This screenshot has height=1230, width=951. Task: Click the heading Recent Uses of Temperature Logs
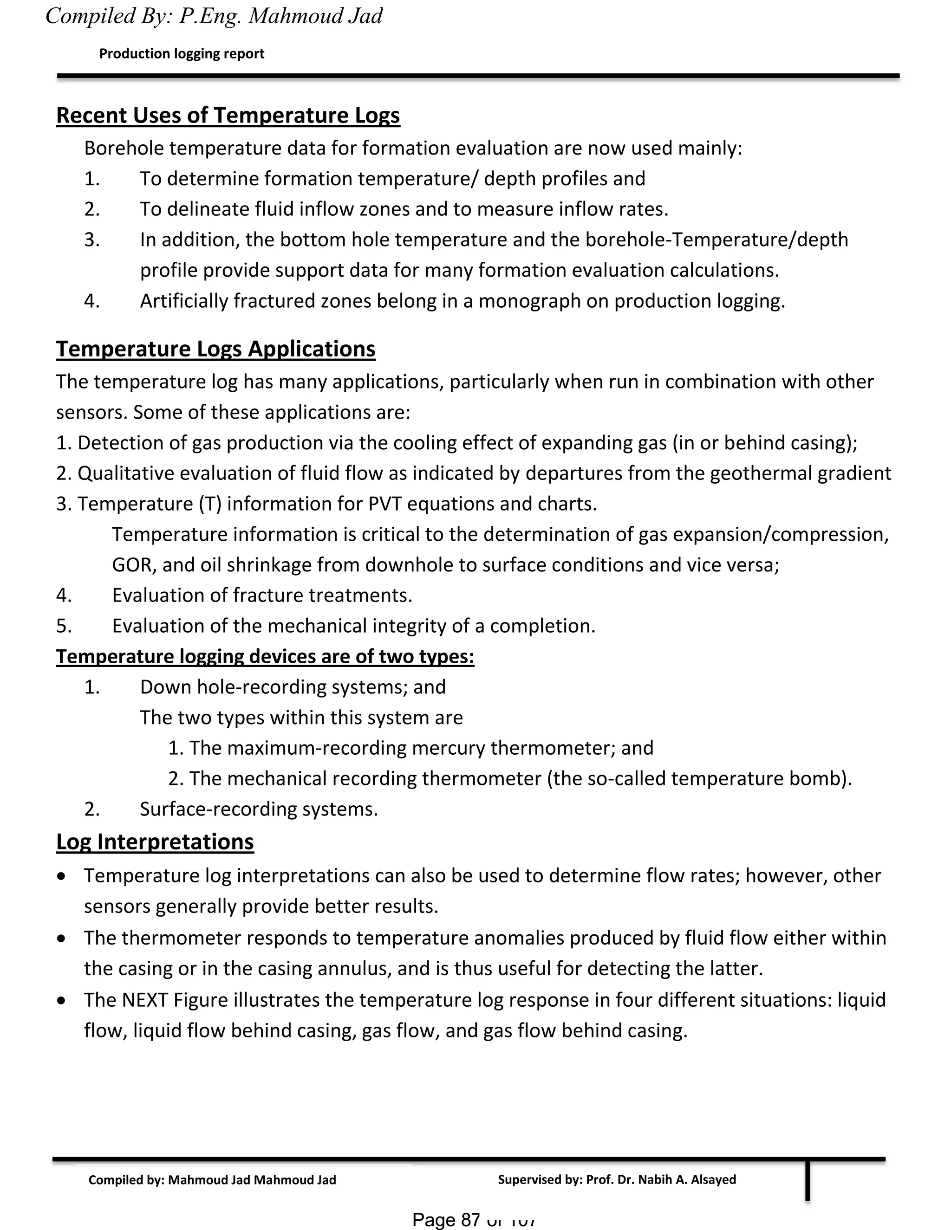[228, 116]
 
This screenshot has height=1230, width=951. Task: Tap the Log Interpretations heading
[155, 842]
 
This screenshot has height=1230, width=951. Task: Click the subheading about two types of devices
[265, 657]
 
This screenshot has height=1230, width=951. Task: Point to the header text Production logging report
[182, 53]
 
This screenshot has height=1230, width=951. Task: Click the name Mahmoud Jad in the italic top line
[315, 16]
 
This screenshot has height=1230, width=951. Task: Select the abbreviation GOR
[133, 565]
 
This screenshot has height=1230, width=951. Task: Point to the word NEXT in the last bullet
[145, 1000]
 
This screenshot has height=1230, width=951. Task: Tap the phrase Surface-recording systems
[259, 809]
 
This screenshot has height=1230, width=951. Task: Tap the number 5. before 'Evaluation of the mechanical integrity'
[64, 626]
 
